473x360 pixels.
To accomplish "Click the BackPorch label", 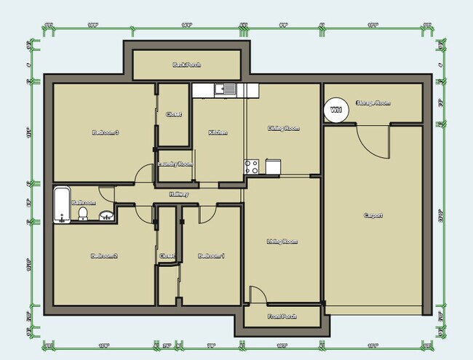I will click(x=187, y=65).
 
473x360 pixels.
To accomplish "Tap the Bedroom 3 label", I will click(x=106, y=132).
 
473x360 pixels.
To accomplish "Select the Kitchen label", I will click(x=218, y=132).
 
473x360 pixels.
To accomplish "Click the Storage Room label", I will click(x=373, y=103).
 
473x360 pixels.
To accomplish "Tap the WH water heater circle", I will click(x=335, y=110).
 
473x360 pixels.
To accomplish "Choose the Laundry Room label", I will click(x=175, y=164).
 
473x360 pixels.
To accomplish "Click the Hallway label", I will click(x=179, y=194).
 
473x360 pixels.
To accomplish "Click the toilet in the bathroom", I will click(x=83, y=213).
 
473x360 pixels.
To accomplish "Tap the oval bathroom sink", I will click(x=106, y=215).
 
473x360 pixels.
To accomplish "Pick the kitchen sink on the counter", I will click(x=223, y=90).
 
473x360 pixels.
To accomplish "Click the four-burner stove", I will click(x=252, y=167).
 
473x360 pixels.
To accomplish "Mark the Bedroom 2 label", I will click(x=104, y=256).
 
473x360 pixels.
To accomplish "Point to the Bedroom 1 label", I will click(x=212, y=256).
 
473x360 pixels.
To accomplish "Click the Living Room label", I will click(x=282, y=241).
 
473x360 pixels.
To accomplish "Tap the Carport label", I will click(x=373, y=216).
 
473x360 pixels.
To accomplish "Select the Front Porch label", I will click(x=281, y=317).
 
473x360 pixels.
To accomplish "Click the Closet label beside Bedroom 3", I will click(x=174, y=114).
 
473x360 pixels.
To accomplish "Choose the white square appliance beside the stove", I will click(x=273, y=167).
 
